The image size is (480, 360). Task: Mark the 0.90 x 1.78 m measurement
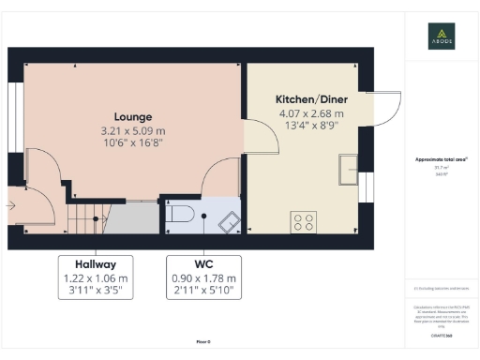203,279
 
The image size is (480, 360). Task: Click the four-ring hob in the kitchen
305,222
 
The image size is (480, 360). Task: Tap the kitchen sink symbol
350,169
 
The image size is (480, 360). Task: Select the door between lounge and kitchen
262,141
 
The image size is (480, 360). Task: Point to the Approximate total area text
442,159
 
